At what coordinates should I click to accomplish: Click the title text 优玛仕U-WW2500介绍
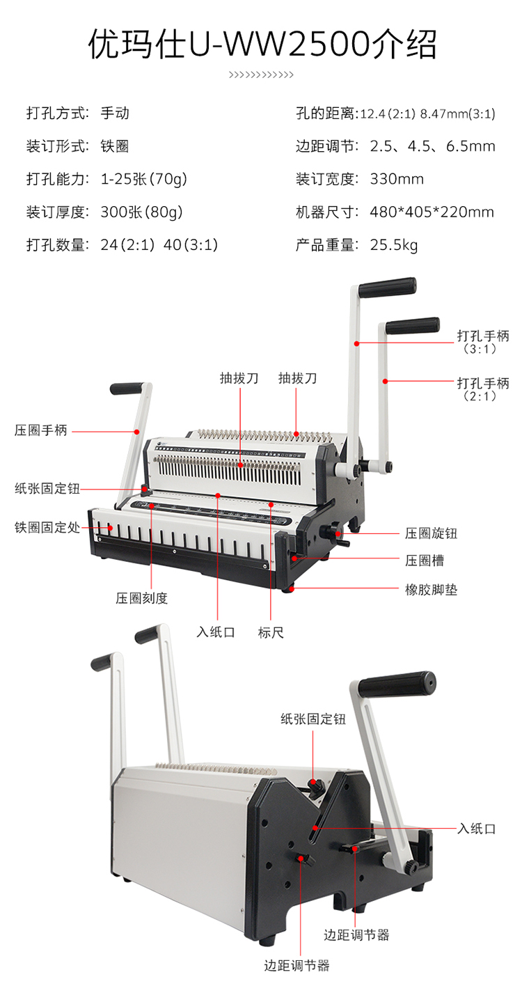point(262,45)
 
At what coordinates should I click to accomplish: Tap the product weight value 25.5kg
point(393,245)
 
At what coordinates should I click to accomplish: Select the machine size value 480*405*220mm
point(432,212)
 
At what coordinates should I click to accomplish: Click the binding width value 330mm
point(397,179)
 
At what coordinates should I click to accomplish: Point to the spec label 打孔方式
point(56,113)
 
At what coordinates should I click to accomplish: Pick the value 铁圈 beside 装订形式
point(114,146)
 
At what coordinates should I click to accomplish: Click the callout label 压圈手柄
point(40,430)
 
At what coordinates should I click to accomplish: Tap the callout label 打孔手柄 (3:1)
point(483,342)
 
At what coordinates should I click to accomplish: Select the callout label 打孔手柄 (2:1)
point(483,389)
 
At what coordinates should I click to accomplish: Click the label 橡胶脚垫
point(431,589)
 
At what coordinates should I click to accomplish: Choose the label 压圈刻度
point(142,597)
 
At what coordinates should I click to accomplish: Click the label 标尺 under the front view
point(271,632)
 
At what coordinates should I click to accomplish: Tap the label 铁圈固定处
point(47,527)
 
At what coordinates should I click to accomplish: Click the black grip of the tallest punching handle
point(387,287)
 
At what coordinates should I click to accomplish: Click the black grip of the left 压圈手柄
point(126,389)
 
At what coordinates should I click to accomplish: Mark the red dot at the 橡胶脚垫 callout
point(292,588)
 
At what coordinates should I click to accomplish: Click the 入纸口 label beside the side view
point(477,829)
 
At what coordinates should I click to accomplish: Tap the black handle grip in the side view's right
point(397,685)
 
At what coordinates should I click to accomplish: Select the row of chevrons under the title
point(261,75)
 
